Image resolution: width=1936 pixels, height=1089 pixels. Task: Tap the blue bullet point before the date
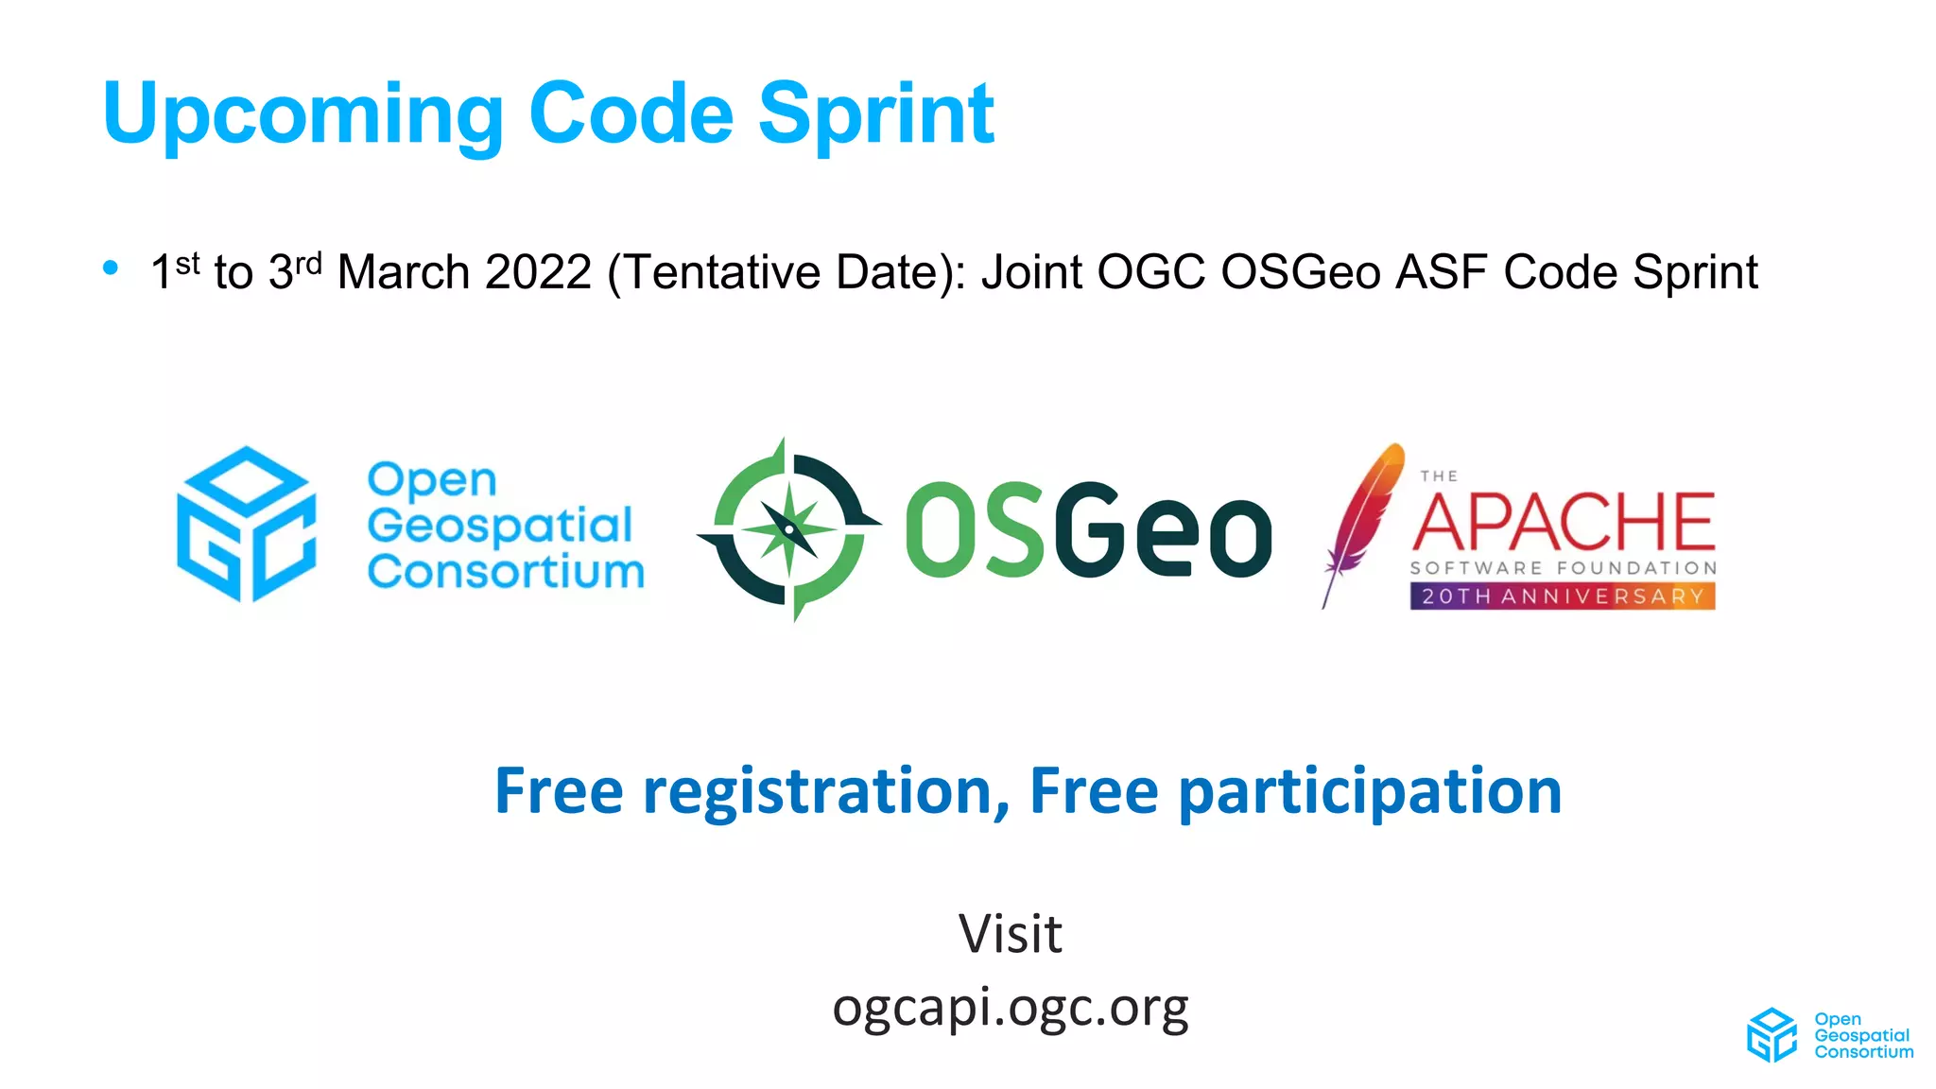(111, 268)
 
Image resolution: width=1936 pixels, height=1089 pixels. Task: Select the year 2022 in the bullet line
(538, 272)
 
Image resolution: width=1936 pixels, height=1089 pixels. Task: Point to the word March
(404, 272)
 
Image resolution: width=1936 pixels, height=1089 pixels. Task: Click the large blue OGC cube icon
(247, 524)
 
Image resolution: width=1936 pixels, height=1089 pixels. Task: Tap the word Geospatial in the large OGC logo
(499, 526)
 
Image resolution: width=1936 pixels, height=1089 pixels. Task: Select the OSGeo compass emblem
(789, 529)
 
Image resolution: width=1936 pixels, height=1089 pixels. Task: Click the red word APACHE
(1564, 522)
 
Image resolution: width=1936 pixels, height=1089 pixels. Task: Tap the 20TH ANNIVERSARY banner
(1563, 596)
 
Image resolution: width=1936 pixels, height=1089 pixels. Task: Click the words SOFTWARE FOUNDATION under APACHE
(1564, 568)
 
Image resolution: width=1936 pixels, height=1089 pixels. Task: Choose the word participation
(1370, 791)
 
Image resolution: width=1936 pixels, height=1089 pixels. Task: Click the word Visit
(1010, 934)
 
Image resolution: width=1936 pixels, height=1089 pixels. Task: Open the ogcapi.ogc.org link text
(1010, 1008)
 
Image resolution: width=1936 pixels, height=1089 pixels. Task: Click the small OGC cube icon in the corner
(1772, 1035)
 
